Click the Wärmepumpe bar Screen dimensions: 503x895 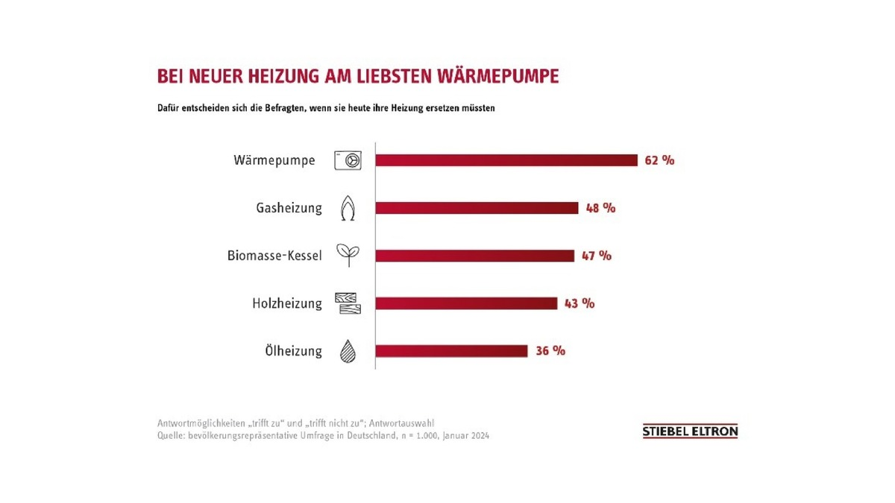(x=506, y=160)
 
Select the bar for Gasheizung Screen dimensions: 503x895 (x=477, y=208)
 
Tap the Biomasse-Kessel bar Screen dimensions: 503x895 (x=474, y=256)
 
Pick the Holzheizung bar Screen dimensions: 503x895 (x=466, y=303)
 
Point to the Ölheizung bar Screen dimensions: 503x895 (x=451, y=351)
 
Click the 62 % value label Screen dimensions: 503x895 (x=659, y=160)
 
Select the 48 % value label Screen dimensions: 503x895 (x=600, y=208)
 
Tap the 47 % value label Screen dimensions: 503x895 (x=597, y=256)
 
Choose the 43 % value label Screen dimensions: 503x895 (x=580, y=303)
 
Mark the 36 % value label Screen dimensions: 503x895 (x=550, y=351)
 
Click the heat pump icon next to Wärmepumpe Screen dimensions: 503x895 (x=348, y=160)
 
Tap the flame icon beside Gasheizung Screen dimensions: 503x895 (x=348, y=209)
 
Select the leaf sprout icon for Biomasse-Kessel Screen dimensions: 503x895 (x=348, y=256)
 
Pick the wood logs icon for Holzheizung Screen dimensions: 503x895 (x=348, y=303)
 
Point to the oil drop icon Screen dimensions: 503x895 (x=348, y=351)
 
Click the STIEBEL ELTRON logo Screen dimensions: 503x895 (x=690, y=431)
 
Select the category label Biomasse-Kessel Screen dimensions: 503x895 (x=274, y=256)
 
